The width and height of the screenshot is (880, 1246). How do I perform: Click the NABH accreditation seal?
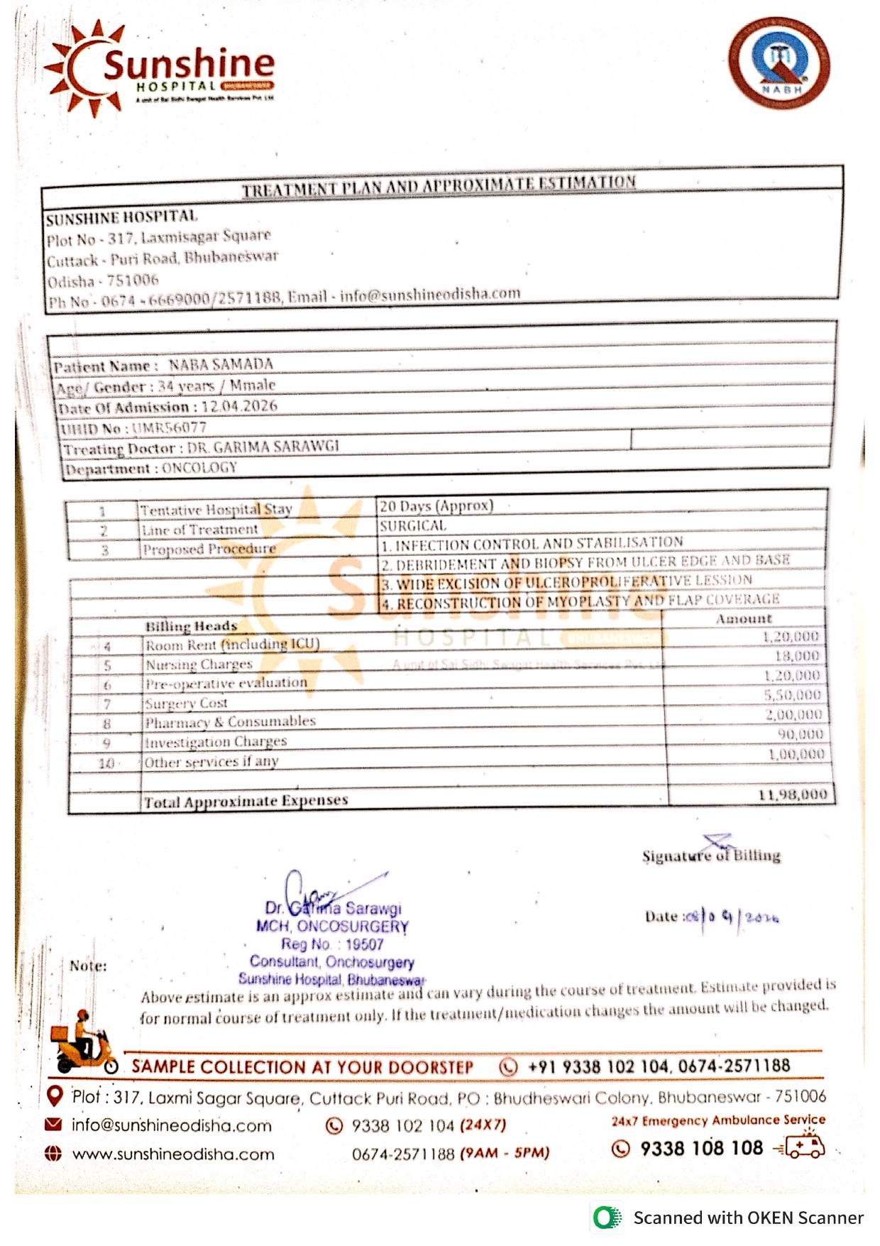click(x=779, y=62)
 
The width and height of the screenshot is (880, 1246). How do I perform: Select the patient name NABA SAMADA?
click(x=221, y=364)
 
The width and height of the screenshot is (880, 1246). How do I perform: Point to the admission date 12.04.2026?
click(x=239, y=406)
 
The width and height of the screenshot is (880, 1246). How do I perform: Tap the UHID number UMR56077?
click(x=169, y=427)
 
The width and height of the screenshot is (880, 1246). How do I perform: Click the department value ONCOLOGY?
click(x=199, y=468)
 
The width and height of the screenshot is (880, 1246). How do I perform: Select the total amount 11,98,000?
click(x=792, y=794)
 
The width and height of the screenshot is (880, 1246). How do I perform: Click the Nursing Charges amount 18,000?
click(x=797, y=656)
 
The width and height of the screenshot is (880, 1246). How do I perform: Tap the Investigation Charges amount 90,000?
click(x=800, y=734)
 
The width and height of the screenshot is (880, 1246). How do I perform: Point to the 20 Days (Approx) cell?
click(x=436, y=506)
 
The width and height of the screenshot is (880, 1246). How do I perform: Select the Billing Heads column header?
click(x=191, y=626)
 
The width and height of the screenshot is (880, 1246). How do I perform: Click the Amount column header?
click(x=743, y=619)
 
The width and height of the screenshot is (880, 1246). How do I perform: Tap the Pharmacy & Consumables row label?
click(x=230, y=722)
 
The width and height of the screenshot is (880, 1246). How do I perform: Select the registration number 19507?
click(x=364, y=944)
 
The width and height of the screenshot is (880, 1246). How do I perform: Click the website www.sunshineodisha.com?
click(x=173, y=1154)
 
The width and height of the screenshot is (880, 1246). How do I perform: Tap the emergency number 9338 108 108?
click(x=701, y=1148)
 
